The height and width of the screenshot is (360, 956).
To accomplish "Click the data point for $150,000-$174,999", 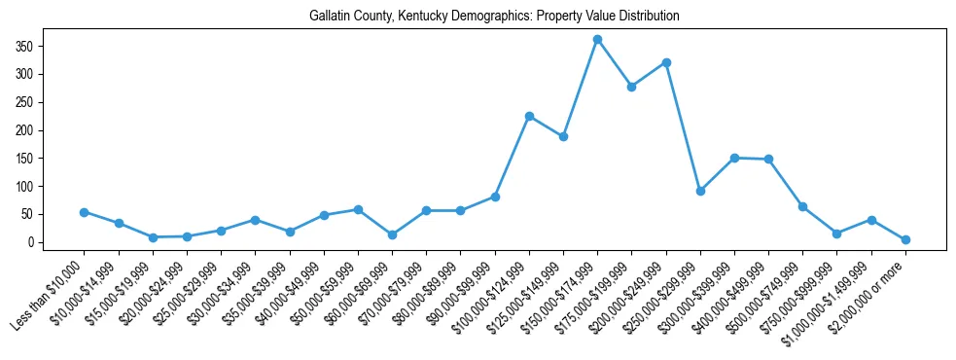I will (x=597, y=40).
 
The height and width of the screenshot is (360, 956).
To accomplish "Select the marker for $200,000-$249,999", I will (x=666, y=62).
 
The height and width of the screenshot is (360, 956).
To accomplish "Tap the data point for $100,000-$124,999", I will (x=529, y=116).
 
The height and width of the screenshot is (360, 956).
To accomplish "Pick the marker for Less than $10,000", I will (x=84, y=212).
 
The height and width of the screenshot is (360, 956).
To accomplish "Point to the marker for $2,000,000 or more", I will (x=905, y=239).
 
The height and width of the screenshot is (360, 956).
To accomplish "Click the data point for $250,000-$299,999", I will (x=700, y=191).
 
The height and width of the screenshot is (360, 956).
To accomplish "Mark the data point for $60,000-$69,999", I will (x=392, y=234).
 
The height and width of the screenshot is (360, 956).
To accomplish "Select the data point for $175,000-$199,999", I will (x=631, y=87).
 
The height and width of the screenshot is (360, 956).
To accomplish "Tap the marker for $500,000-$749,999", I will (x=802, y=206).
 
